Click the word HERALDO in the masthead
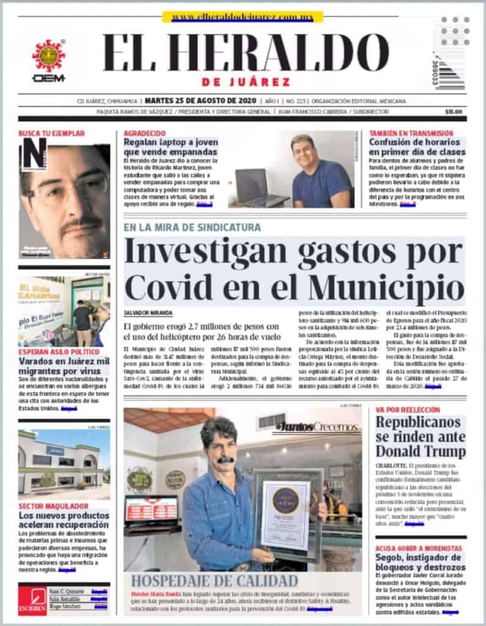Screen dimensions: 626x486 pyautogui.click(x=290, y=54)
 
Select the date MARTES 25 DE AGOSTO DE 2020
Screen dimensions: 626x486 pyautogui.click(x=200, y=101)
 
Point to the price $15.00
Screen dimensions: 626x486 pyautogui.click(x=454, y=112)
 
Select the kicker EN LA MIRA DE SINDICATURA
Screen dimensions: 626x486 pyautogui.click(x=192, y=227)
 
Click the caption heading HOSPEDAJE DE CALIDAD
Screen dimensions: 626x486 pyautogui.click(x=215, y=581)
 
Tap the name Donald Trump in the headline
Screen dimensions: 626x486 pyautogui.click(x=420, y=451)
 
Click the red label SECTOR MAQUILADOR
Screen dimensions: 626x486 pyautogui.click(x=49, y=506)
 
